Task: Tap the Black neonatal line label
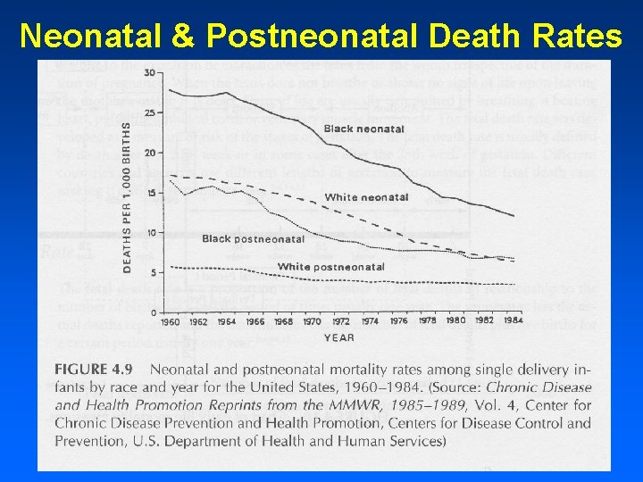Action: point(363,129)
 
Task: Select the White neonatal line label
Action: point(366,197)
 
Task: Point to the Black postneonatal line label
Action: point(253,238)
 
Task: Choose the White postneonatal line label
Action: point(331,267)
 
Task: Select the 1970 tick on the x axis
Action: point(312,322)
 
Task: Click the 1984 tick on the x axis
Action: point(512,321)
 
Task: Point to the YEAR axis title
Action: point(339,337)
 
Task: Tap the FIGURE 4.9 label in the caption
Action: point(96,369)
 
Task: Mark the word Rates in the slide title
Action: point(579,35)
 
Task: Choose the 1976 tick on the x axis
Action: point(397,322)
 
